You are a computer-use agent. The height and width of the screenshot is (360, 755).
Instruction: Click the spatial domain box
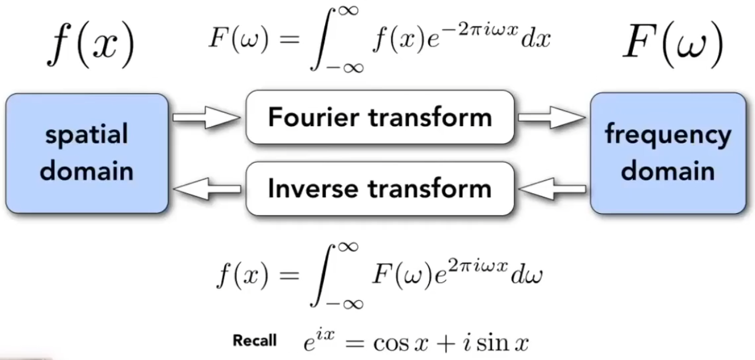[x=87, y=154]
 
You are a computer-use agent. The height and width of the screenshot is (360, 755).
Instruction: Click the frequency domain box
[x=668, y=154]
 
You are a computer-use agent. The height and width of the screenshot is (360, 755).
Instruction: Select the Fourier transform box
[x=380, y=117]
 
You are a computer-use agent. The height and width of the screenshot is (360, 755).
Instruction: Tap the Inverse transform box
[x=380, y=189]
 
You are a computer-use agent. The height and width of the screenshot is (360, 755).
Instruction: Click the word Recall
[x=254, y=341]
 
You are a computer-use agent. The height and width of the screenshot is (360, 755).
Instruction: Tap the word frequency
[x=668, y=135]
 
